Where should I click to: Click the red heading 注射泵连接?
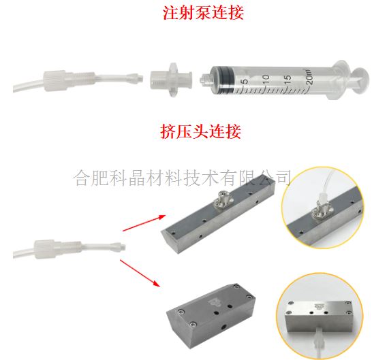click(203, 12)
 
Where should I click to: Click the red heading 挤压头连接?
click(201, 131)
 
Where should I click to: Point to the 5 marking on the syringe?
click(244, 81)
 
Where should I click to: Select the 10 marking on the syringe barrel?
click(266, 79)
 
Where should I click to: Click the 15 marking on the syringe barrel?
click(287, 78)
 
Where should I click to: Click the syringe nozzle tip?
click(204, 80)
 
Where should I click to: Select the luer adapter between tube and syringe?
click(171, 79)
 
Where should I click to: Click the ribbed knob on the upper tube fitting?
click(54, 80)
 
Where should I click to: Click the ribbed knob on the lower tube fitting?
click(45, 249)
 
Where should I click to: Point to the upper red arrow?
click(144, 223)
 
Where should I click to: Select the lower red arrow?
click(140, 274)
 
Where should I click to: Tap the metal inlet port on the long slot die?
click(221, 200)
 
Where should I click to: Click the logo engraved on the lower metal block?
click(213, 302)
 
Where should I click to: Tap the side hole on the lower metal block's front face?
click(223, 327)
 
